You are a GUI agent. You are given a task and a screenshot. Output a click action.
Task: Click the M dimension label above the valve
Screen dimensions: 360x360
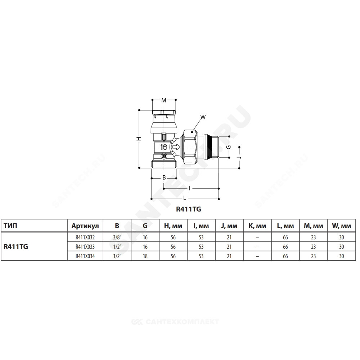click(164, 100)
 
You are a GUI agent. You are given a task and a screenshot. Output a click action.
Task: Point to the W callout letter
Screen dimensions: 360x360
click(203, 117)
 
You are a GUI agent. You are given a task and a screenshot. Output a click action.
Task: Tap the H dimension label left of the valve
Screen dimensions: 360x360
click(139, 139)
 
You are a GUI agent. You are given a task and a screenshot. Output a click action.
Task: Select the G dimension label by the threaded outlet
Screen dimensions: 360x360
click(229, 147)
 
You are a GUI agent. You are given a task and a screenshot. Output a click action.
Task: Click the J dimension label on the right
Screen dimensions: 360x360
click(239, 158)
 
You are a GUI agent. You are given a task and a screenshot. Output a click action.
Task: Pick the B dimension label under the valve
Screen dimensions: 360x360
click(164, 177)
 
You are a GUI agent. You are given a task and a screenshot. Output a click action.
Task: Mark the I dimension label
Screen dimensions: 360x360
click(190, 189)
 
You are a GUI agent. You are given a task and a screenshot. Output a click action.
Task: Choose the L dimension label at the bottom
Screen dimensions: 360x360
click(185, 198)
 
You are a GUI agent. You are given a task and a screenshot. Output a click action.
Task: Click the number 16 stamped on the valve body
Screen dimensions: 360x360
click(164, 147)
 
